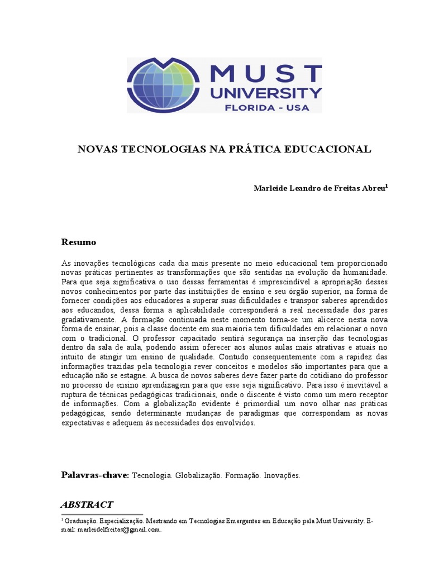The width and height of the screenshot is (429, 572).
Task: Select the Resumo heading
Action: coord(78,242)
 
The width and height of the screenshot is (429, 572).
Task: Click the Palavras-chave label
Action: coord(95,475)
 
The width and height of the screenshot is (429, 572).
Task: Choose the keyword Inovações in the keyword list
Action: coord(282,476)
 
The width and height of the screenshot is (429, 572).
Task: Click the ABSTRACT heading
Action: coord(87,504)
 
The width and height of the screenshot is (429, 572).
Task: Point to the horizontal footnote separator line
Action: coord(102,515)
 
